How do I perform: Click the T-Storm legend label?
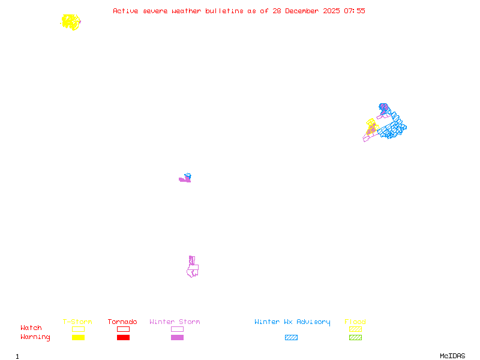click(x=77, y=322)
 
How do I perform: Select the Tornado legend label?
click(x=122, y=322)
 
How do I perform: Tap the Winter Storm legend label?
click(x=175, y=322)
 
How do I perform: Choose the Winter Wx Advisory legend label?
click(x=292, y=322)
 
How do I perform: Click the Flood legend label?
click(x=355, y=322)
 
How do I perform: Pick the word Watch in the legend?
click(x=31, y=328)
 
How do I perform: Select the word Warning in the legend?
click(x=35, y=337)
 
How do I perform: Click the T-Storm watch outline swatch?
click(x=78, y=329)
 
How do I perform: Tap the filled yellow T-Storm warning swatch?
click(x=78, y=338)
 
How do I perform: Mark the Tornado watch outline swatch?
click(x=123, y=329)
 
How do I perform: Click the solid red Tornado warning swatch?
click(x=123, y=338)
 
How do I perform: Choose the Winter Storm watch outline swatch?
click(x=177, y=329)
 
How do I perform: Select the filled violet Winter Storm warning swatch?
click(x=177, y=338)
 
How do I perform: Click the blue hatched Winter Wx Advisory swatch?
click(x=291, y=338)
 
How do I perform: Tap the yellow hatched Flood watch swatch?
click(x=355, y=329)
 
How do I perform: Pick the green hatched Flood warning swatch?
click(x=355, y=338)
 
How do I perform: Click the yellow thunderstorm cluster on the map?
click(x=71, y=22)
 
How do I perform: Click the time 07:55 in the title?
click(x=354, y=11)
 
